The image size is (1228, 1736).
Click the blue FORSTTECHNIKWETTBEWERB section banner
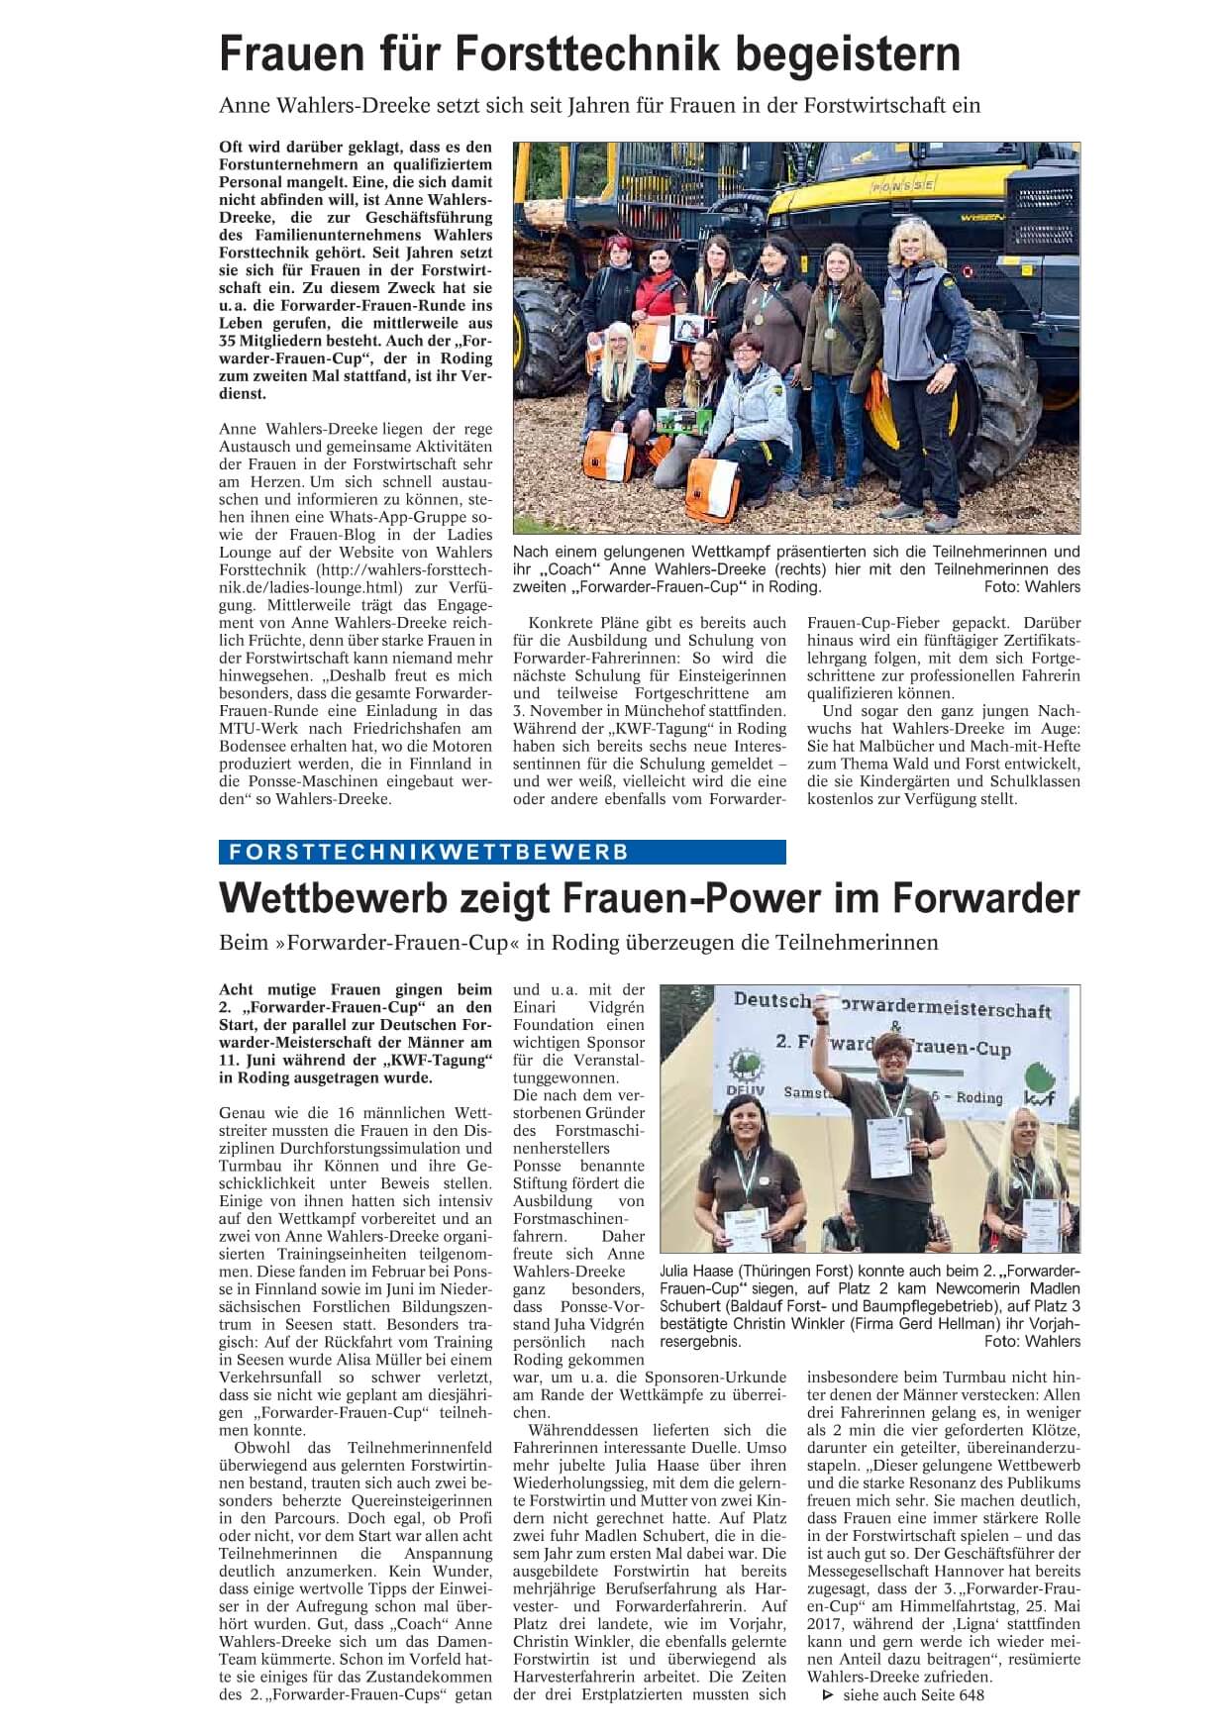coord(502,852)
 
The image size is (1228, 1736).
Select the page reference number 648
coord(971,1694)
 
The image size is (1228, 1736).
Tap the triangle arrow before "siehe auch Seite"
coord(829,1694)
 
